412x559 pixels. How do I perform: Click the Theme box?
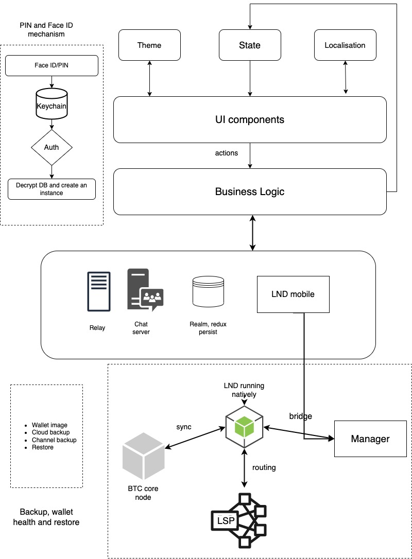[149, 45]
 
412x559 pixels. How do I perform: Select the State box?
[250, 45]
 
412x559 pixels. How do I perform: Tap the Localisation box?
[345, 45]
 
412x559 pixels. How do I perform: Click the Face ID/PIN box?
[51, 65]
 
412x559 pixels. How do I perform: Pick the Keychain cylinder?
[51, 106]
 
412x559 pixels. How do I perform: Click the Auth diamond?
[51, 147]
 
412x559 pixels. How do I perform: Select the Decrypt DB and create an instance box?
[51, 189]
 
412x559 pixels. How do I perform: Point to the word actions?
[227, 153]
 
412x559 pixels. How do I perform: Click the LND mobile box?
[293, 294]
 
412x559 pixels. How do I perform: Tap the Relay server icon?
[98, 291]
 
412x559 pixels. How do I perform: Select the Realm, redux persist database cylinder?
[208, 291]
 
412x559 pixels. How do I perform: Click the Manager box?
[370, 439]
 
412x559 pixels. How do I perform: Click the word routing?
[264, 467]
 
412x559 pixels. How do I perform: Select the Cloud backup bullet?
[50, 433]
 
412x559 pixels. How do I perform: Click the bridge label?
[300, 416]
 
